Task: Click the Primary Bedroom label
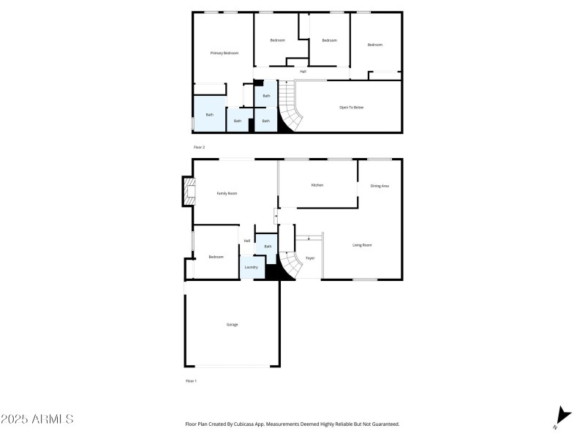click(x=224, y=53)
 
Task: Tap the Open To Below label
click(x=351, y=108)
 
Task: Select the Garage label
click(x=232, y=325)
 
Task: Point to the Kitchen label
click(x=317, y=185)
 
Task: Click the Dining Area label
click(x=380, y=186)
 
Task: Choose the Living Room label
click(x=362, y=245)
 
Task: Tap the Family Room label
click(x=227, y=193)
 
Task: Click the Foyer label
click(x=310, y=258)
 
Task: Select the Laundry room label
click(x=251, y=267)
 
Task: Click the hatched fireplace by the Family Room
click(x=189, y=191)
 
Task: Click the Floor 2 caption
click(x=199, y=148)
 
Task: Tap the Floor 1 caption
click(x=191, y=381)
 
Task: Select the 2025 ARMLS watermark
click(x=37, y=419)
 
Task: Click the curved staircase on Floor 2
click(x=290, y=106)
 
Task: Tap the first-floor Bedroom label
click(x=216, y=257)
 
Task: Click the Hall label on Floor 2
click(x=303, y=72)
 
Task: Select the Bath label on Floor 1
click(x=268, y=247)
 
